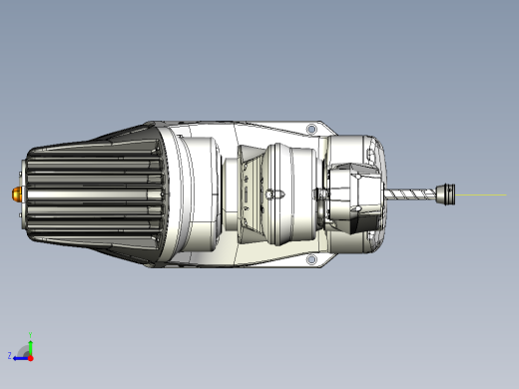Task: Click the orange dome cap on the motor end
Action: point(17,194)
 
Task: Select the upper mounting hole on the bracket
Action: point(311,129)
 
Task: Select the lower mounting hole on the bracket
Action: point(311,259)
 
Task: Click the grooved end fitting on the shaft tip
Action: point(445,194)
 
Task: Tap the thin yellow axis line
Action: point(481,194)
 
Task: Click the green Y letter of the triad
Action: point(30,335)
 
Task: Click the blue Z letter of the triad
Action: point(10,356)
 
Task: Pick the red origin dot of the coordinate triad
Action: point(31,358)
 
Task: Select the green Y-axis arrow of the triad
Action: point(31,348)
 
